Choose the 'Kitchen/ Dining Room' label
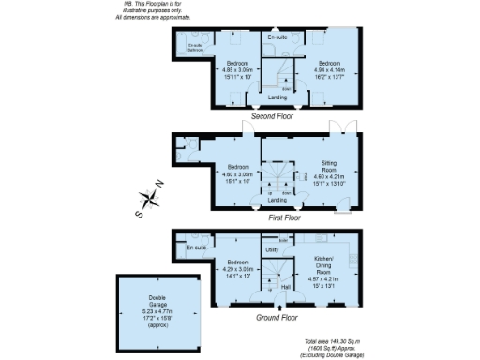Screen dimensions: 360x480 tap(323, 262)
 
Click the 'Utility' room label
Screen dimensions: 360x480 tap(273, 250)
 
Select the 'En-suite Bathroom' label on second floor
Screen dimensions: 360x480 tap(196, 47)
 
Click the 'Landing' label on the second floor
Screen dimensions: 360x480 tap(277, 97)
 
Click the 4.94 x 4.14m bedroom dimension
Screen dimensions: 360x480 tap(327, 70)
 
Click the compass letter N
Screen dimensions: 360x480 tap(159, 185)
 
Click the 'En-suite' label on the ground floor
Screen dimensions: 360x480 tap(196, 248)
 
